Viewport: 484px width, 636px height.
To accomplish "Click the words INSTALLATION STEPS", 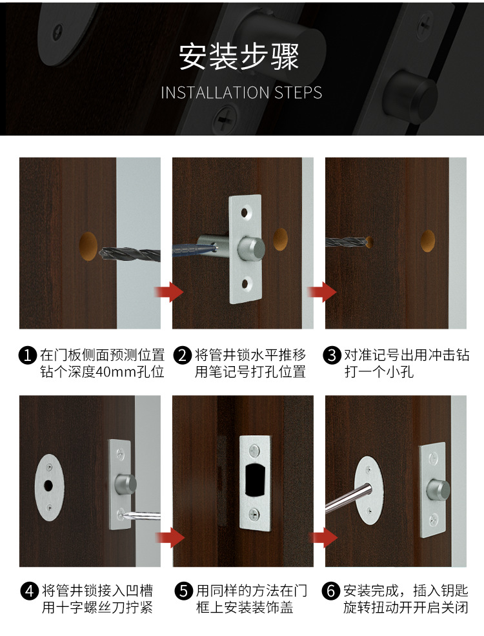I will pos(241,92).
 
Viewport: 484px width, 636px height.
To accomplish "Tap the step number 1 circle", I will pos(28,355).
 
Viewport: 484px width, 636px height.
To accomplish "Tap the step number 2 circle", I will pos(183,355).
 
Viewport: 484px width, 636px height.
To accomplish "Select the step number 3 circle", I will pos(333,355).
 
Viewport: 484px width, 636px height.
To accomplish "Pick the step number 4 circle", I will pos(28,591).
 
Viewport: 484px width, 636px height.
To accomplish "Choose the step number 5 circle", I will pos(183,591).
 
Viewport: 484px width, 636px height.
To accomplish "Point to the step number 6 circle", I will pos(333,591).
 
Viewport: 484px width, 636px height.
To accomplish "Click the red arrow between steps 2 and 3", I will pos(320,292).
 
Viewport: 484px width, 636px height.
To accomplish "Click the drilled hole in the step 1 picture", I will pos(89,247).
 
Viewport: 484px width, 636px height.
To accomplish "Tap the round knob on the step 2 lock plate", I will pos(251,247).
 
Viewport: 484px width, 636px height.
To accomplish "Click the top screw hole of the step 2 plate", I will pos(246,211).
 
